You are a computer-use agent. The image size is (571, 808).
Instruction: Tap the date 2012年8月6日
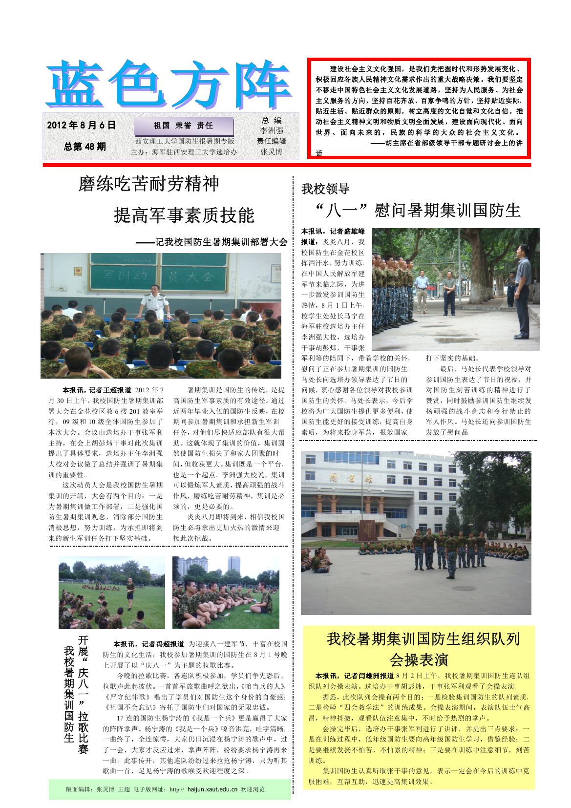coord(82,126)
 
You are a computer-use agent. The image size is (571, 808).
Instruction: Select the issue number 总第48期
coord(85,147)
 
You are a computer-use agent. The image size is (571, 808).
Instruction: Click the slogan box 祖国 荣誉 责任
coord(184,126)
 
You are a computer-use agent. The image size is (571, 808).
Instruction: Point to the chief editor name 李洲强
coord(272,131)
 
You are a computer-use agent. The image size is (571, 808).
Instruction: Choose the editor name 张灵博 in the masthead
coord(272,152)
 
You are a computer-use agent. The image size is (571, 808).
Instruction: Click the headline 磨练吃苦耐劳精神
coord(149,184)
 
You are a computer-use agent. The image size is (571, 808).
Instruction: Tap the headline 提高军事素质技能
coord(184,215)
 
